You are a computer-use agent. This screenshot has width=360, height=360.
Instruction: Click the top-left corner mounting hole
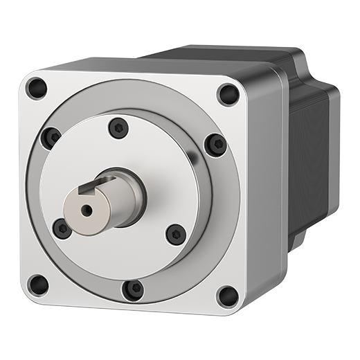36,88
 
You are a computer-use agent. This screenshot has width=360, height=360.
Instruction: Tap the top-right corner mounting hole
228,93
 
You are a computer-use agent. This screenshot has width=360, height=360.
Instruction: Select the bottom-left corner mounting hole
38,284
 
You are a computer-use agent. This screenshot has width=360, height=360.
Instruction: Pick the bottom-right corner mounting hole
227,296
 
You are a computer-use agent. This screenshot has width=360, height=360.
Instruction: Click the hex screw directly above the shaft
119,128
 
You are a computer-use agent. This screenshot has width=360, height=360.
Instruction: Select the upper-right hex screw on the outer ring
216,145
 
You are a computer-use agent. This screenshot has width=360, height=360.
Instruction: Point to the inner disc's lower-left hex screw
62,228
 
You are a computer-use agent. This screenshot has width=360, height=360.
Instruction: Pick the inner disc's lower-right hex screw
176,234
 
